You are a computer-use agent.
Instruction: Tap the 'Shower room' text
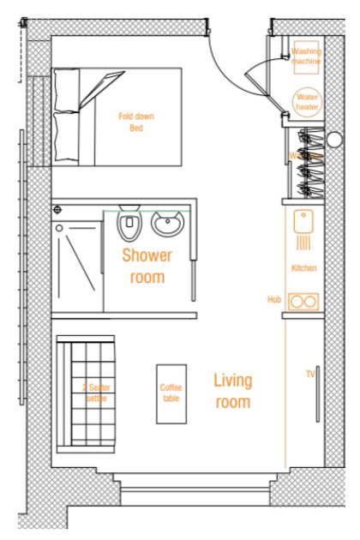[147, 266]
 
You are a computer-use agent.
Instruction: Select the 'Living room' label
[232, 391]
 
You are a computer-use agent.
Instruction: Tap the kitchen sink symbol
[303, 224]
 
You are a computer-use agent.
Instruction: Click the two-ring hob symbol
[303, 301]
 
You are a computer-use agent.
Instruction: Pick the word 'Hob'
[274, 300]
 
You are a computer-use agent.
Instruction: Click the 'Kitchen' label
[303, 268]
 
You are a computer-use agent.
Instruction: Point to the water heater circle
[306, 102]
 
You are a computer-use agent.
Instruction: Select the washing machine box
[306, 57]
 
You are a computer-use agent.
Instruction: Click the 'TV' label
[310, 375]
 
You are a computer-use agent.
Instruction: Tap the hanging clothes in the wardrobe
[307, 163]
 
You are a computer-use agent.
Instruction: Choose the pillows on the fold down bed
[67, 117]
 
